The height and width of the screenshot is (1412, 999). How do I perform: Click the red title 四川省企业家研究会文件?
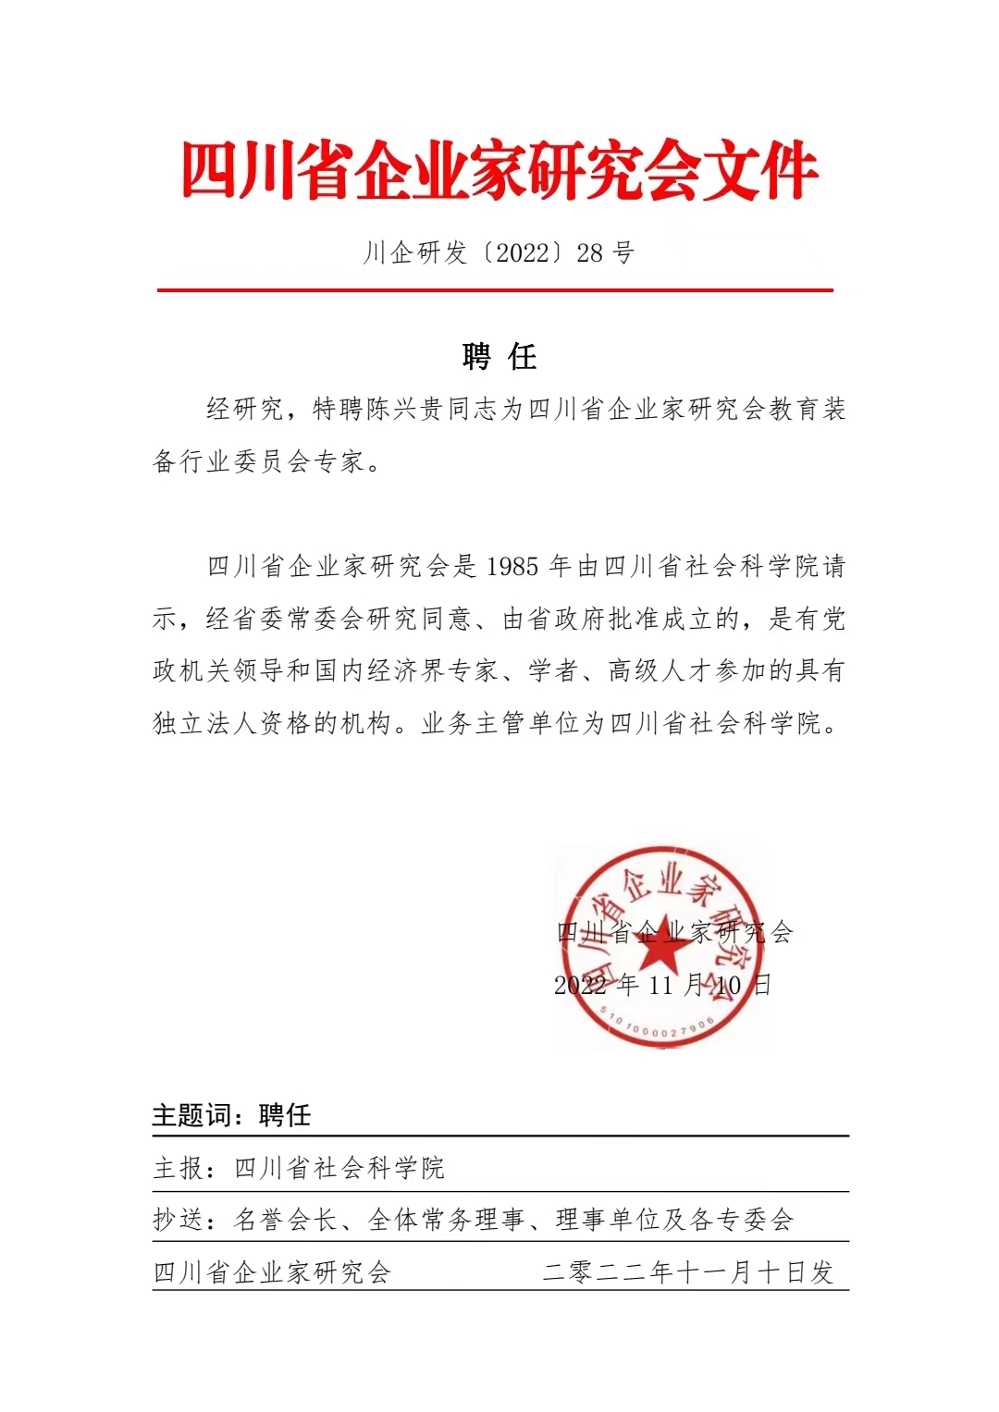[499, 172]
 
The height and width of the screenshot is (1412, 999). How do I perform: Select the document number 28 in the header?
[589, 252]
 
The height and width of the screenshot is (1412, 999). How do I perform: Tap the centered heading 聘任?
[499, 357]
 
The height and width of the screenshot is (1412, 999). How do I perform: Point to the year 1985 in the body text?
[512, 566]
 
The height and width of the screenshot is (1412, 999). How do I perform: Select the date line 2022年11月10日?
[662, 985]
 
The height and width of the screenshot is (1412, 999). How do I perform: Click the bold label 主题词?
[191, 1115]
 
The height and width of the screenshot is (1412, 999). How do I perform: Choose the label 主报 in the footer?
[179, 1168]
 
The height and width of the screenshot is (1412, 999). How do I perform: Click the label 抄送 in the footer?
[179, 1220]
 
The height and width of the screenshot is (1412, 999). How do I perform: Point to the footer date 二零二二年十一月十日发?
[688, 1272]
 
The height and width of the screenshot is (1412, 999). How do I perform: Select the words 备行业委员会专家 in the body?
[258, 461]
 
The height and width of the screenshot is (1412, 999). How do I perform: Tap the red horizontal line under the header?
[495, 290]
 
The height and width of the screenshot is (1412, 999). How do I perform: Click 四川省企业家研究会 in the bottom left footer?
[272, 1272]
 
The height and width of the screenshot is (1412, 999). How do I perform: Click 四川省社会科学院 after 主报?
[339, 1168]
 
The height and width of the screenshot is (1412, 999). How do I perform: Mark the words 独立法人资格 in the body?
[231, 723]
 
